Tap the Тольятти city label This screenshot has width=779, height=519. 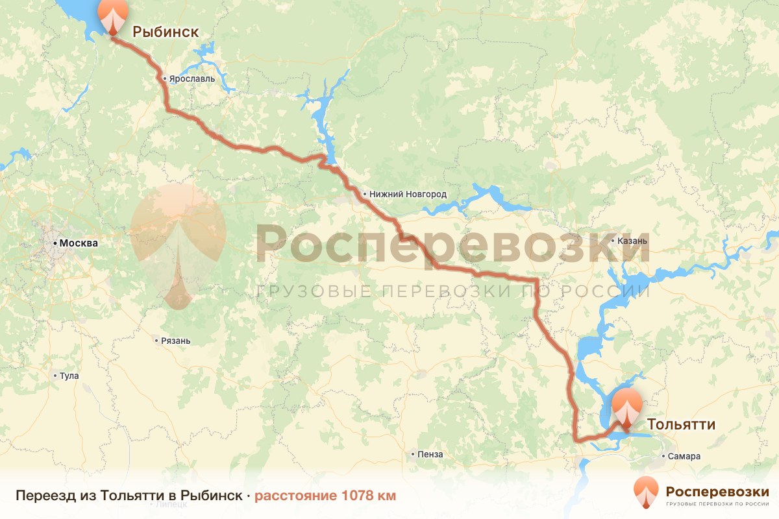(681, 424)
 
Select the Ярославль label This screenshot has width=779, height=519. (192, 79)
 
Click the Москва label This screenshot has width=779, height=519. (79, 244)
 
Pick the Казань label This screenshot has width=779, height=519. (633, 241)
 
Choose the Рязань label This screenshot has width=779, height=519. (176, 341)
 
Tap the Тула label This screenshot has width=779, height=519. (69, 376)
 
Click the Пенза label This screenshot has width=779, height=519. (431, 454)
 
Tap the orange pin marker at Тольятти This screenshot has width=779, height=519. (627, 408)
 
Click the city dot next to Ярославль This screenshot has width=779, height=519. (166, 79)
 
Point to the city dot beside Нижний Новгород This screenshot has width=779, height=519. (365, 194)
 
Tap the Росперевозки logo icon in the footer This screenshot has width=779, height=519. (645, 491)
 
